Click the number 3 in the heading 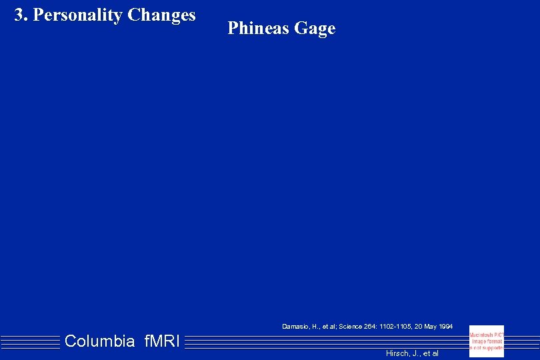[x=19, y=15]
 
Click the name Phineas [x=258, y=29]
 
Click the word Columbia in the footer [x=100, y=342]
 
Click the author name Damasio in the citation [x=295, y=327]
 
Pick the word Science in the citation [x=350, y=327]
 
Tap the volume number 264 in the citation [x=370, y=327]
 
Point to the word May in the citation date [x=432, y=327]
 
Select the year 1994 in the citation [x=447, y=327]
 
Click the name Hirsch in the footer [x=397, y=353]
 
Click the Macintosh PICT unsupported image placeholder [x=487, y=341]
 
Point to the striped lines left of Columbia [x=30, y=342]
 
